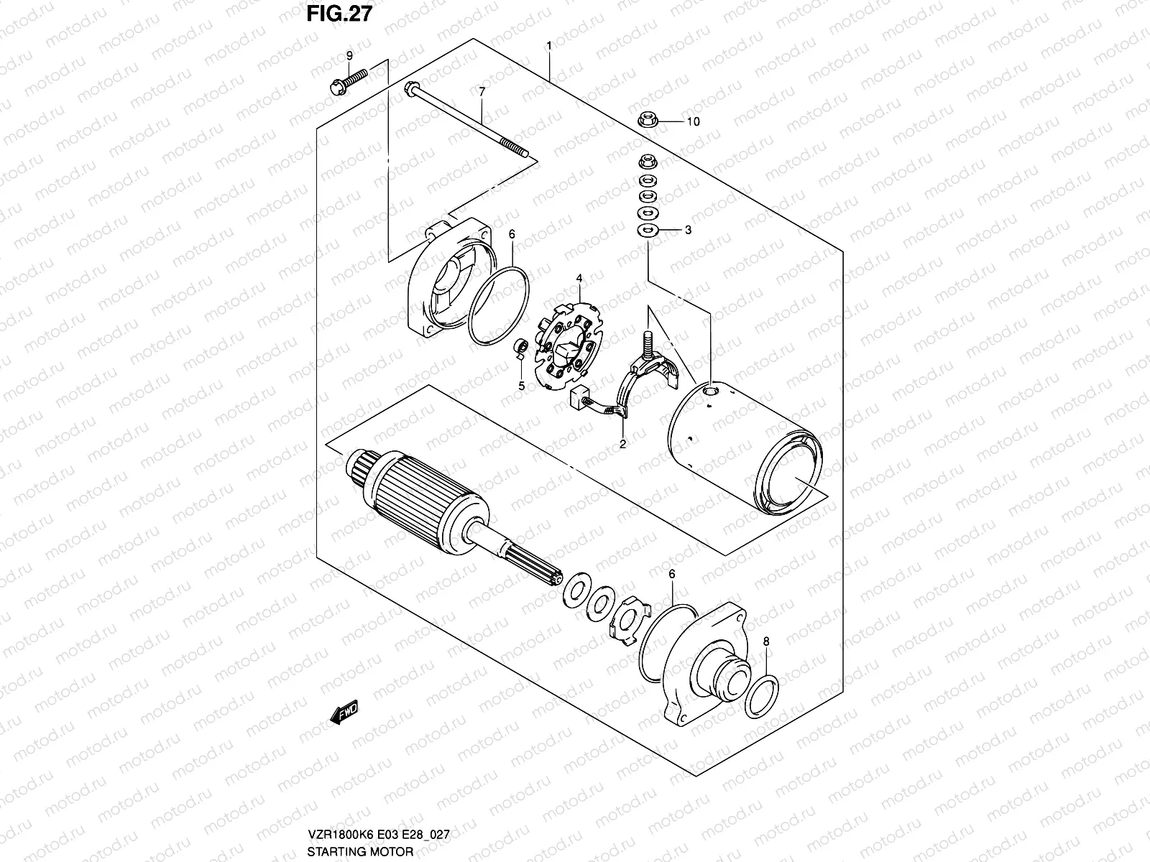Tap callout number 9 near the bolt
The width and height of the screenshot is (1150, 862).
[x=349, y=55]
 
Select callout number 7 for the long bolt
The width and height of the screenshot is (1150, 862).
[x=482, y=91]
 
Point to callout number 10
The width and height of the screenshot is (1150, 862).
[x=692, y=122]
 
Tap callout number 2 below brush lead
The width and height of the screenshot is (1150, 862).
[x=623, y=444]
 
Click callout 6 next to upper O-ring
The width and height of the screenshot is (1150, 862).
[x=512, y=234]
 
